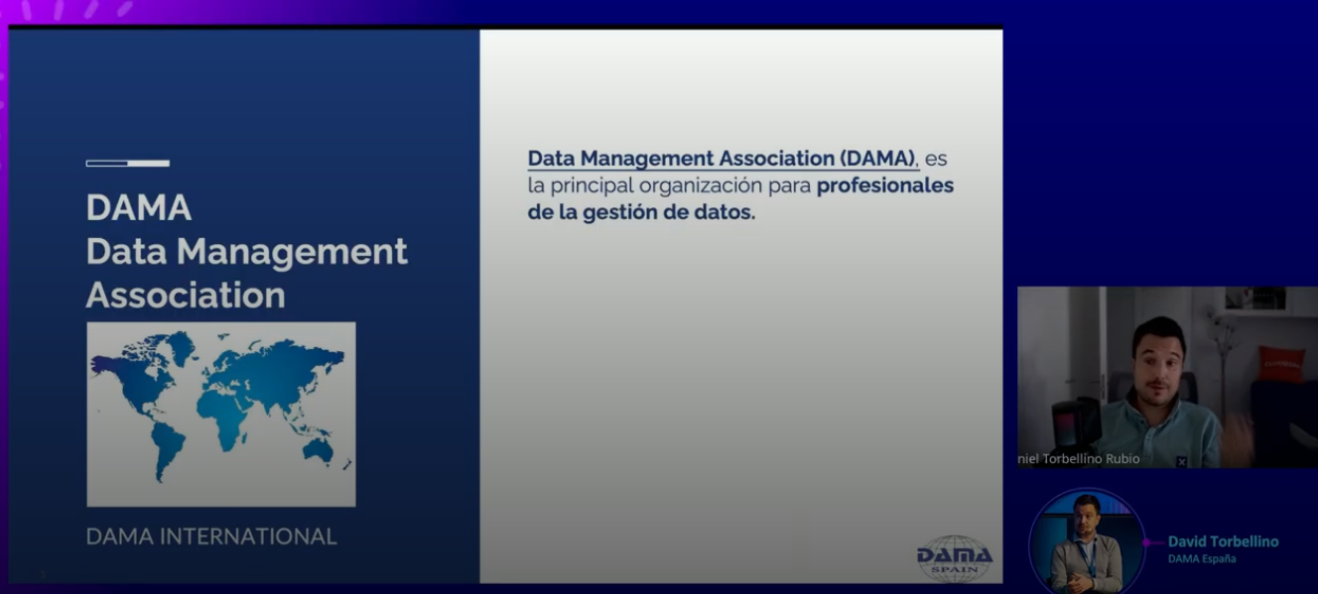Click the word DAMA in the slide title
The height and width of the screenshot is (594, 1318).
[x=139, y=207]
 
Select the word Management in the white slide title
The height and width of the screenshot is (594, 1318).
[x=292, y=253]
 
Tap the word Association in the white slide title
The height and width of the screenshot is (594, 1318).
[x=186, y=295]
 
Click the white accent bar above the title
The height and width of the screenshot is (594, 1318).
[x=128, y=163]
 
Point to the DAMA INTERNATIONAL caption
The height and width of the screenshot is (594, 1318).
[x=211, y=536]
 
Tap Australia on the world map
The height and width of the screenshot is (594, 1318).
[x=318, y=450]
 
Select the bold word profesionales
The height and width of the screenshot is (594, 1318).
[x=885, y=185]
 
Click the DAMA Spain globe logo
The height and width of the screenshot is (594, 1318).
[x=955, y=558]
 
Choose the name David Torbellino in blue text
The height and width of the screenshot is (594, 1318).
[x=1223, y=541]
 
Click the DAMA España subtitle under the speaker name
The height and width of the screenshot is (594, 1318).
[x=1202, y=558]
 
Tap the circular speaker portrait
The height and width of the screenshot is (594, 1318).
[x=1087, y=542]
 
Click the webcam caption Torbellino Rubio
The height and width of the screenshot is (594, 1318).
[x=1091, y=459]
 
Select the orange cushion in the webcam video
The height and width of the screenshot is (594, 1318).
[x=1280, y=364]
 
